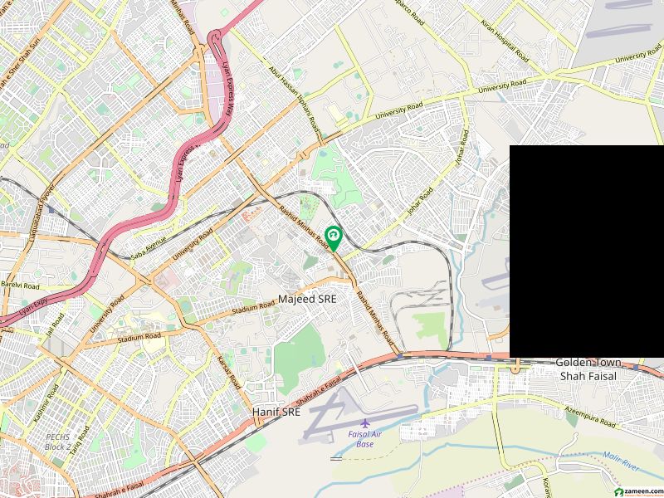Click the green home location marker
tap(333, 237)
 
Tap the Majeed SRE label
tap(307, 298)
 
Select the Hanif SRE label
tap(276, 411)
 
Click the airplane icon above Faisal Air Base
tap(364, 422)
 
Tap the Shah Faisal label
tap(586, 376)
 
